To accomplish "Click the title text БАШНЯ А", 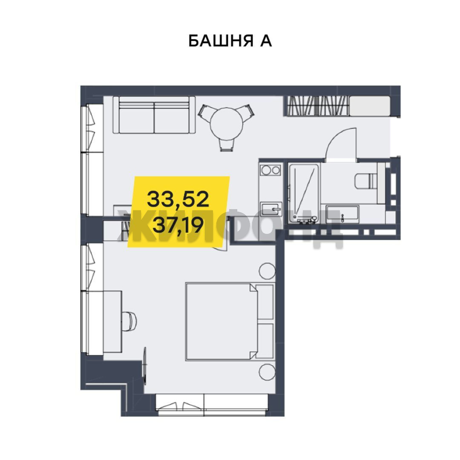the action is pyautogui.click(x=230, y=41).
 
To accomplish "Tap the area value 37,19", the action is pyautogui.click(x=178, y=225).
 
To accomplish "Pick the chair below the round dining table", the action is pyautogui.click(x=227, y=145).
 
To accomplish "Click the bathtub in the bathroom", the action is pyautogui.click(x=304, y=193).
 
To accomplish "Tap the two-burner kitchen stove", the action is pyautogui.click(x=270, y=170).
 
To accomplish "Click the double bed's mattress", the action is pyautogui.click(x=221, y=321).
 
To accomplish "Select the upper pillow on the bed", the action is pyautogui.click(x=264, y=302).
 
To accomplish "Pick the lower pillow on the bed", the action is pyautogui.click(x=264, y=341).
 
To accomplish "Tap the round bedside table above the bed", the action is pyautogui.click(x=267, y=271).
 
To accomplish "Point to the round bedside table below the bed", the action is pyautogui.click(x=267, y=372).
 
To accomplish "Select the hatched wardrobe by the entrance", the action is pyautogui.click(x=316, y=106).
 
